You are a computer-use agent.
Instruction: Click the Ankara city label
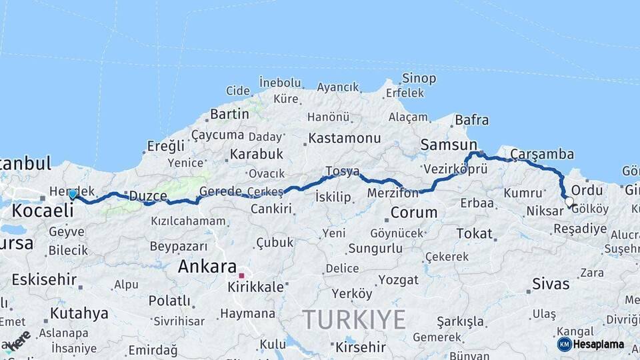[x=207, y=267]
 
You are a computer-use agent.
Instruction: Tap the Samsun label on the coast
[x=449, y=145]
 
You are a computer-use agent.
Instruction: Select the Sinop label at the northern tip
[x=419, y=79]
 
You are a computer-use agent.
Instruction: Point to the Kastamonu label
[x=343, y=139]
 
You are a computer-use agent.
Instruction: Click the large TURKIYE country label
[x=355, y=319]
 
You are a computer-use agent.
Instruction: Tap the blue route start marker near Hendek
[x=73, y=194]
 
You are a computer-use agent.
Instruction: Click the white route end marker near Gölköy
[x=569, y=201]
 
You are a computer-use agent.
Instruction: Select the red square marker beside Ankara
[x=242, y=274]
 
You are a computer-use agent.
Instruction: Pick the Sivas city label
[x=551, y=284]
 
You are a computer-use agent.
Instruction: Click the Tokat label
[x=474, y=234]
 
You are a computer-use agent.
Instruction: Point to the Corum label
[x=413, y=213]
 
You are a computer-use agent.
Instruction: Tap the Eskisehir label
[x=43, y=279]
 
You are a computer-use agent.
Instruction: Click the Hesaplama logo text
[x=599, y=345]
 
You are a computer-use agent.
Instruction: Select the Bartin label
[x=229, y=115]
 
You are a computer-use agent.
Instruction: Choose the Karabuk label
[x=256, y=154]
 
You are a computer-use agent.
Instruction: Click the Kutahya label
[x=79, y=313]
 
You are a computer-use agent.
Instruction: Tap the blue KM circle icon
[x=565, y=344]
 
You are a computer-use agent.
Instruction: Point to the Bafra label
[x=471, y=121]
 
